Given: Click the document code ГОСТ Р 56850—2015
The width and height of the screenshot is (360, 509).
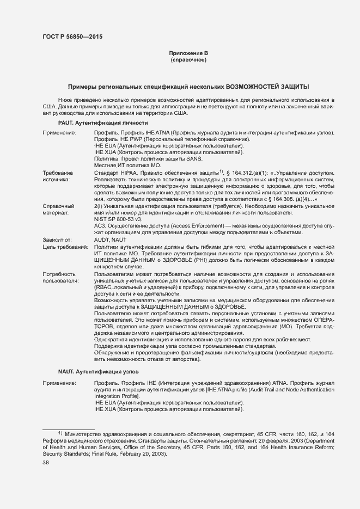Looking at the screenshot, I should (72, 37).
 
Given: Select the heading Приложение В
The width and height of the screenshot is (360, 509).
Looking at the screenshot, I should (188, 53).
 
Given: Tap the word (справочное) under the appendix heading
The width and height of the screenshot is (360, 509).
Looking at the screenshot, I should (188, 59).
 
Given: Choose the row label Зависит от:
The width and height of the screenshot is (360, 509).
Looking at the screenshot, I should (58, 240).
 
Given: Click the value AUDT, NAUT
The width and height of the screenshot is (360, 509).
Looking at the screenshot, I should (110, 240).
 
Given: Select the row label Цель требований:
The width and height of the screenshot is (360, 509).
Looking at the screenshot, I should (65, 247).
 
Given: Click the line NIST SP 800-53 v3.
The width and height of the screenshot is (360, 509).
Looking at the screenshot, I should (118, 219).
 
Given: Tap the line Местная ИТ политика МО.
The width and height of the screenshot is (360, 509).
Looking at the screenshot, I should (127, 165).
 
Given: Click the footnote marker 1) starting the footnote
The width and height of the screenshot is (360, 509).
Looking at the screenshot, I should (60, 433).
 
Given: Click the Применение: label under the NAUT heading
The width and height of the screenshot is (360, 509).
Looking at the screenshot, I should (60, 383).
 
